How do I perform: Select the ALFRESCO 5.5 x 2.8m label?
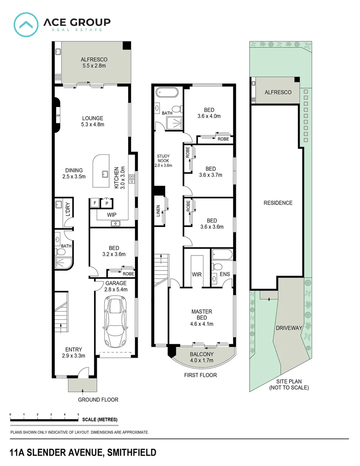click(x=94, y=63)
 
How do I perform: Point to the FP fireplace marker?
click(x=58, y=116)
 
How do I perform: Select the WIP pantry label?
click(x=112, y=214)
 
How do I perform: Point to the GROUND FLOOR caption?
click(x=98, y=400)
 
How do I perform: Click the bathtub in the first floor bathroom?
click(x=166, y=93)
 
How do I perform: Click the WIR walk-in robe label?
click(x=197, y=274)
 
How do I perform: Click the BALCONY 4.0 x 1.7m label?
click(x=202, y=357)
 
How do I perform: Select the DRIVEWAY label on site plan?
click(x=289, y=327)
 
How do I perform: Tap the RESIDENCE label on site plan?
click(x=278, y=203)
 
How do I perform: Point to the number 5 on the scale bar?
click(x=78, y=414)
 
